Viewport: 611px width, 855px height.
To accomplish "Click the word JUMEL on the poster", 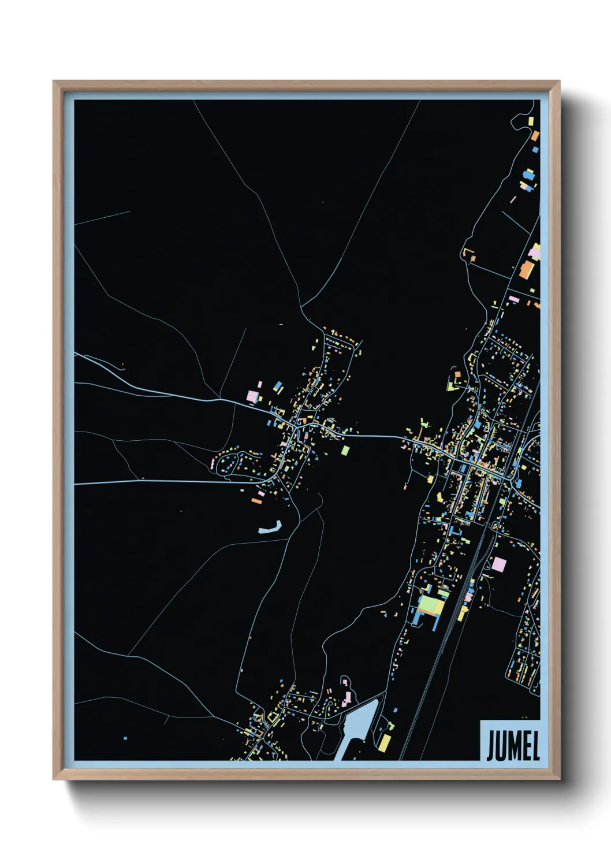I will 513,746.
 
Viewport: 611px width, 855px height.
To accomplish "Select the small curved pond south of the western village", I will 270,527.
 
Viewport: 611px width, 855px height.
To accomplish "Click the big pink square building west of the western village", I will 252,396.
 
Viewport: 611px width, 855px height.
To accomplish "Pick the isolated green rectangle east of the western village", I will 345,449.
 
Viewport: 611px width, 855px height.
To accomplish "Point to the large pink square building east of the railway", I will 498,564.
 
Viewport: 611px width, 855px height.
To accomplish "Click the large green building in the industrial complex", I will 431,605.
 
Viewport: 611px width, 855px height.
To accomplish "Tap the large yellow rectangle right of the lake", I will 384,742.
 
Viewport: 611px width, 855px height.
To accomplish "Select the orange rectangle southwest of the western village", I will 257,501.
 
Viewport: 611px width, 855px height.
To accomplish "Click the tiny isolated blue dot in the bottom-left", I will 125,738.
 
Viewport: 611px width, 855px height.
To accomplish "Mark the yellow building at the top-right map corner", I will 532,121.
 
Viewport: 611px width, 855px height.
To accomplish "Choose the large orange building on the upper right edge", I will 526,269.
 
